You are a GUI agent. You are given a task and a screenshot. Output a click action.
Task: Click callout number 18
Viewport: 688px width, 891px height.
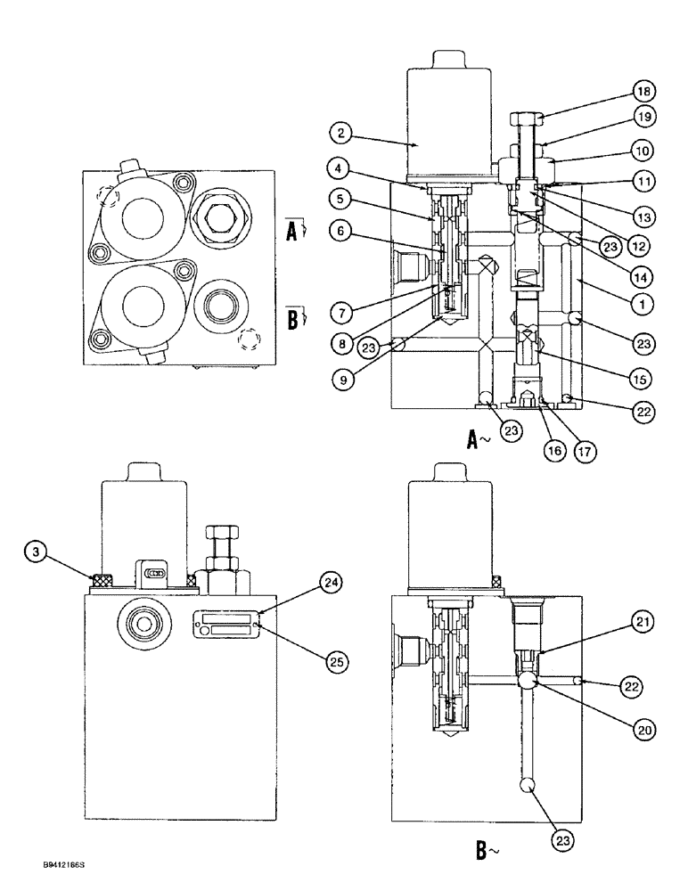tap(644, 91)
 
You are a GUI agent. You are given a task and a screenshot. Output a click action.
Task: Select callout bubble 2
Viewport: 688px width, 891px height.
tap(338, 135)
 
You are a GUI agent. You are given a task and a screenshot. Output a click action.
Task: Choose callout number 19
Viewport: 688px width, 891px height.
tap(644, 115)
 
